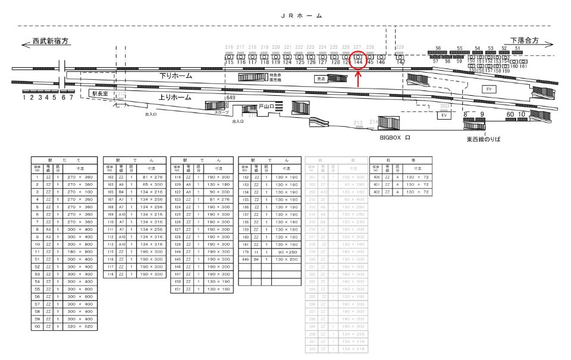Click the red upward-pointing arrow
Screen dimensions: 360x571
tap(358, 78)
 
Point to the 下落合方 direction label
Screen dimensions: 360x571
tap(524, 40)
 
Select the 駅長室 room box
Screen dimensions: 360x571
tap(99, 93)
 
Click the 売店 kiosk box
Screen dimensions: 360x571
tap(322, 79)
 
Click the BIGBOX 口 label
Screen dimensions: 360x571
tap(396, 137)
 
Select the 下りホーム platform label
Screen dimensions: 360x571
tap(175, 76)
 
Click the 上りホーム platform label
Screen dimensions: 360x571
tap(175, 97)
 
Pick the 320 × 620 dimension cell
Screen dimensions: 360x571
tap(80, 326)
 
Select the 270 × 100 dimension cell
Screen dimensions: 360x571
tap(80, 192)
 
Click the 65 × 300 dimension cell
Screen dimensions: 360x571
tap(149, 184)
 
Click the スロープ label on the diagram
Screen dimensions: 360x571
tap(221, 112)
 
